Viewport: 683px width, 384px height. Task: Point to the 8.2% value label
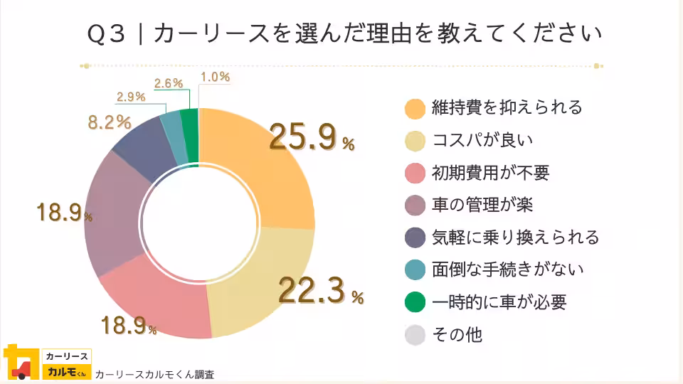[x=109, y=122]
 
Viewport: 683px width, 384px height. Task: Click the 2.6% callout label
[x=169, y=83]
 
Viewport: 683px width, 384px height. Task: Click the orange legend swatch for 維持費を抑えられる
[x=415, y=108]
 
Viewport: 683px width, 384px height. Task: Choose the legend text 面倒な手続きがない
[x=507, y=270]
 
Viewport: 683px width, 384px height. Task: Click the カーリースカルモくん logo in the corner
[x=47, y=363]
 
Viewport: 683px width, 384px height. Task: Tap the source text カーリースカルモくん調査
[x=154, y=374]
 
